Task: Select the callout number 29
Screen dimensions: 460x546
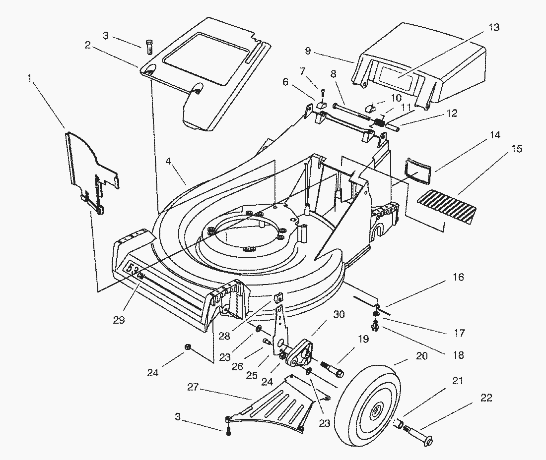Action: click(x=119, y=320)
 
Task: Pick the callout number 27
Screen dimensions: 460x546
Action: click(x=193, y=388)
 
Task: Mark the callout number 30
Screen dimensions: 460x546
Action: click(x=339, y=314)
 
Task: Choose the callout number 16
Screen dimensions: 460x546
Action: click(x=458, y=277)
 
